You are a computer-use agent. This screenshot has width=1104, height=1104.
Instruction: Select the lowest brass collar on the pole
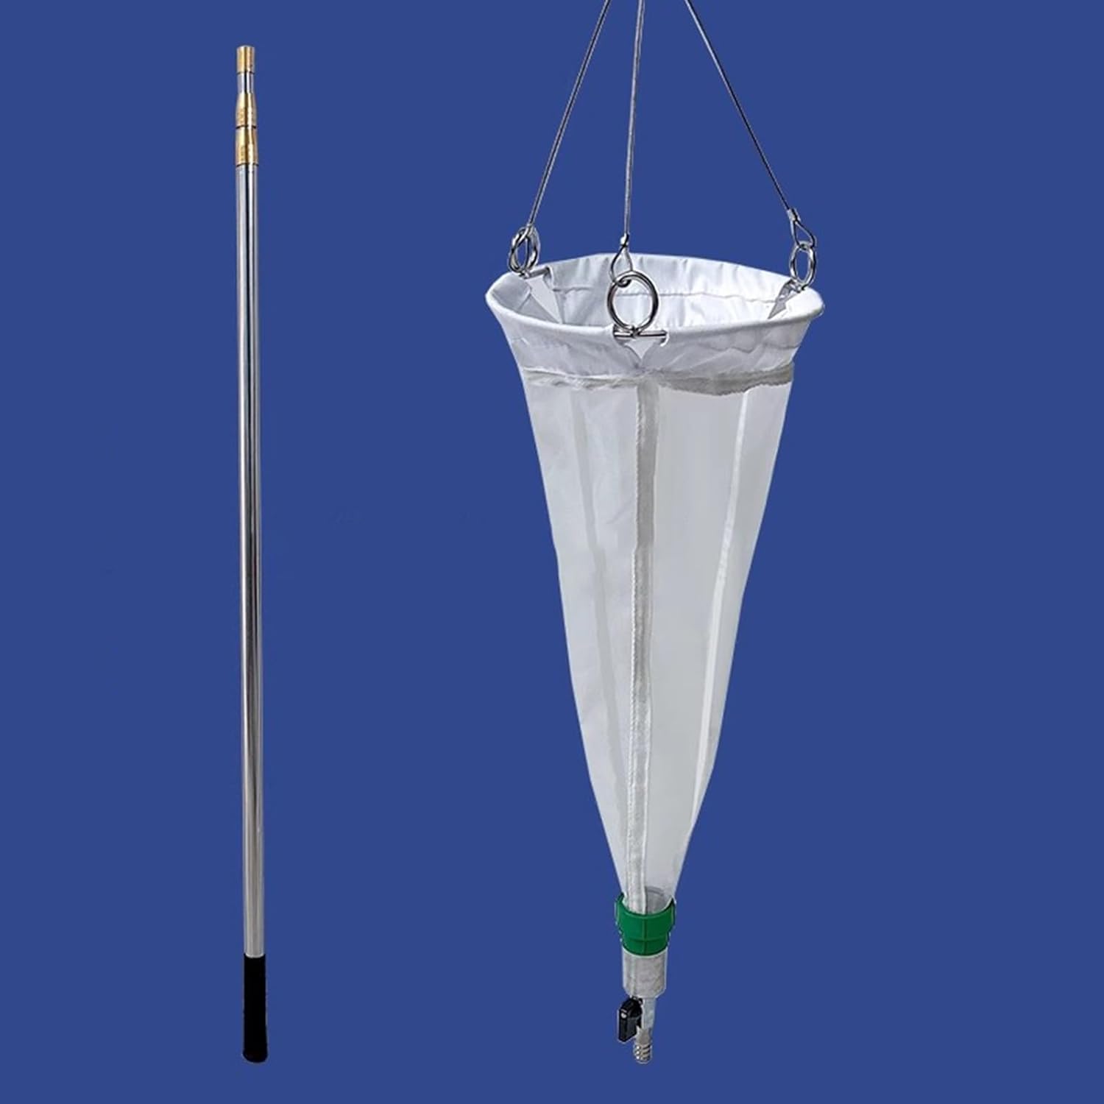[246, 152]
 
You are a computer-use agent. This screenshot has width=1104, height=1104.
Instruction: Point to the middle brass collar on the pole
[246, 114]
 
